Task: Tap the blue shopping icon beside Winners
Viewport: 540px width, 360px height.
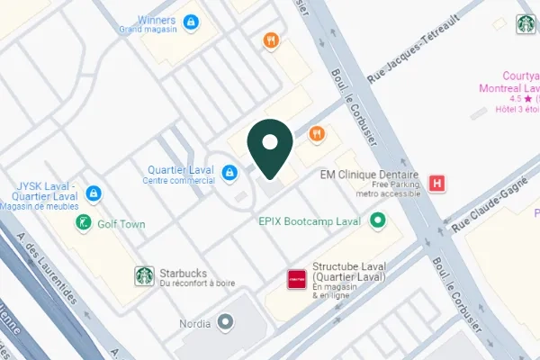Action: point(191,21)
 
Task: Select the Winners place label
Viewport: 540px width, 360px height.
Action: point(157,20)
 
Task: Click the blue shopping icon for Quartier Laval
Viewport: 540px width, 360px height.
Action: point(230,171)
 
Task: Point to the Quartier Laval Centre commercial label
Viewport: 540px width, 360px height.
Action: point(179,173)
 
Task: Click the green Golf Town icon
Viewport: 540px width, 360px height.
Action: point(84,223)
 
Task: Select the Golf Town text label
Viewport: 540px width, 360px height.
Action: point(121,224)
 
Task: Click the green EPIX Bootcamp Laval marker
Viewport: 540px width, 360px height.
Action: point(379,220)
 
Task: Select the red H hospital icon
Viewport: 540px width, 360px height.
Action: point(438,182)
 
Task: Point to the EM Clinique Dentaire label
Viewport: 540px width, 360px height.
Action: point(372,176)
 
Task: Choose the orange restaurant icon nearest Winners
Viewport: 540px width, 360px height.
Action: point(269,40)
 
